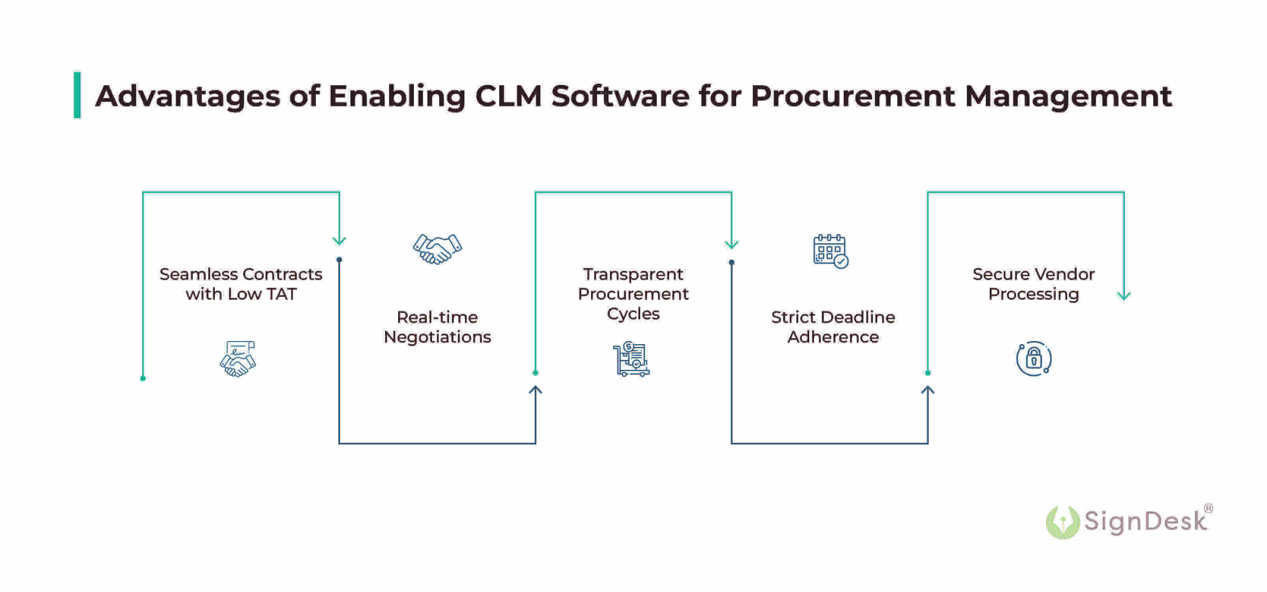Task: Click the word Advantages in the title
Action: [x=187, y=96]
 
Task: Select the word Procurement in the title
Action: [x=852, y=96]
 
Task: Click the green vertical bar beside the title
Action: [x=77, y=96]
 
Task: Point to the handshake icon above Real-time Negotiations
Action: [x=437, y=249]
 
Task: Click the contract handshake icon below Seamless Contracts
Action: [x=238, y=358]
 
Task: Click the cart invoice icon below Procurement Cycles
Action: [x=632, y=359]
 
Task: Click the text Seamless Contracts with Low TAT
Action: [x=241, y=284]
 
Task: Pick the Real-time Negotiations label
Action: [x=437, y=327]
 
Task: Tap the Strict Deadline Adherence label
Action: [x=833, y=327]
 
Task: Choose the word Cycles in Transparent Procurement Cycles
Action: [x=633, y=314]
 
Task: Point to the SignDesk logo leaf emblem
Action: [x=1062, y=522]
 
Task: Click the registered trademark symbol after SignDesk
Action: [x=1208, y=508]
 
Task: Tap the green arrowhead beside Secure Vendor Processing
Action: [x=1124, y=296]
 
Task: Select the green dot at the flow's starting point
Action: [x=143, y=378]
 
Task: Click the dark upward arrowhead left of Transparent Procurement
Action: [x=535, y=390]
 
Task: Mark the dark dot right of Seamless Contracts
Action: [x=339, y=260]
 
